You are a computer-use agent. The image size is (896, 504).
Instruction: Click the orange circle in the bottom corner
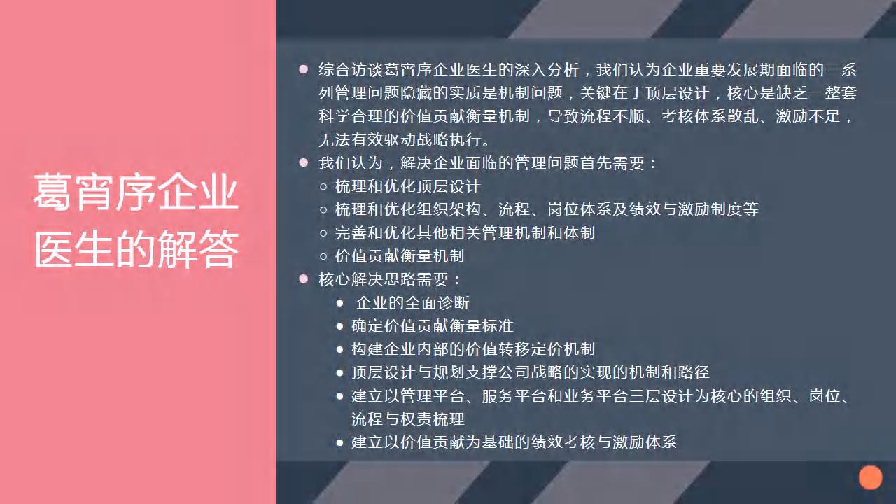click(870, 477)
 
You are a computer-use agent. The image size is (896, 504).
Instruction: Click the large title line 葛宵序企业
click(136, 192)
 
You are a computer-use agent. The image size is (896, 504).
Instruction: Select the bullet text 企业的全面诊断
click(412, 303)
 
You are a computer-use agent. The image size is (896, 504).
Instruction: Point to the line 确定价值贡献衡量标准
click(433, 326)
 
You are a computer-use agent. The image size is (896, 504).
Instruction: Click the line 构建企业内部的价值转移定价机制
click(473, 349)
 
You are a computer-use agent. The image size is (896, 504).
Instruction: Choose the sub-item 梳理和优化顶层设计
click(407, 186)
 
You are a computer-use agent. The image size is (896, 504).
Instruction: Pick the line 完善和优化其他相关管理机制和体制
click(465, 233)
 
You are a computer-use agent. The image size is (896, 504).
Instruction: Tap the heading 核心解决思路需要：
click(391, 279)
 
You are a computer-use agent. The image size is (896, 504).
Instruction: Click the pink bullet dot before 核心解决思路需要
click(304, 279)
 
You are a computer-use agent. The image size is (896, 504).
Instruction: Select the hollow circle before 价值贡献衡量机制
click(323, 256)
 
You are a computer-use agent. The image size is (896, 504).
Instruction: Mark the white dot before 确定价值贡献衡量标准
click(340, 326)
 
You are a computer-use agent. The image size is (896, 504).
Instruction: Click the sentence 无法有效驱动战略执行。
click(405, 140)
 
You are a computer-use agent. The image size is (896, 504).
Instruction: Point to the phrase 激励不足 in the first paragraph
click(808, 116)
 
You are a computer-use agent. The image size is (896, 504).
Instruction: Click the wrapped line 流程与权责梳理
click(408, 419)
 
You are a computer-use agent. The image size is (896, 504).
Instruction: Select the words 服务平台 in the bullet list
click(514, 396)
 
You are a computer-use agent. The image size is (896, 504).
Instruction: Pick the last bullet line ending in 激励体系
click(514, 442)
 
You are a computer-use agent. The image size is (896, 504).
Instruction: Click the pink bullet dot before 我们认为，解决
click(304, 162)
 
